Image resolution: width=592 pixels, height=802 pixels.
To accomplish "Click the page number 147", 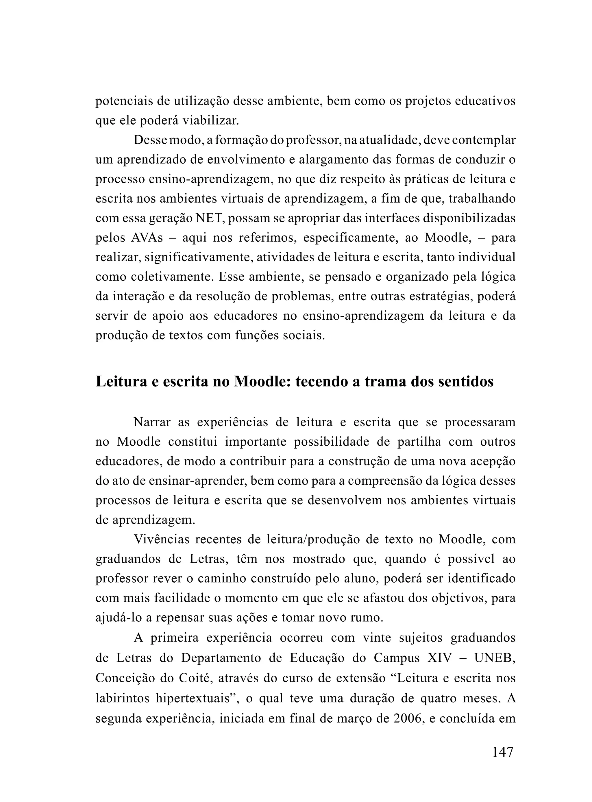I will [503, 752].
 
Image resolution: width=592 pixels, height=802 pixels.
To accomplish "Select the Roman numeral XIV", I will [440, 658].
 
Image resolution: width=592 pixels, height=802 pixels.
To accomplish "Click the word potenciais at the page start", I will [124, 101].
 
